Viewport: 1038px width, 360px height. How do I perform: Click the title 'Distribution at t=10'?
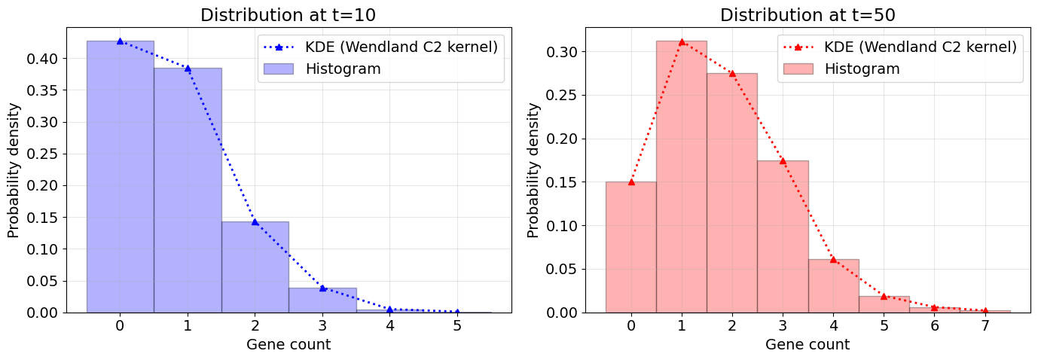288,15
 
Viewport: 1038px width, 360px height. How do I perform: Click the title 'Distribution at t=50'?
808,15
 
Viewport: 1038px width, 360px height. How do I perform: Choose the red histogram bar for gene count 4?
833,285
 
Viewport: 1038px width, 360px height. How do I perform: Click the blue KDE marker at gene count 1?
188,68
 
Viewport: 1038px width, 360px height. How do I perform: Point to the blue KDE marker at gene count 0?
120,41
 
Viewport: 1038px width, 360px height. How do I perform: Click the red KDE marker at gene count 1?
682,41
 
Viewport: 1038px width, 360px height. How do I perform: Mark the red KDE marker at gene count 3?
783,160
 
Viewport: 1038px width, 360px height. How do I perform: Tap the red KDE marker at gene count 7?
985,310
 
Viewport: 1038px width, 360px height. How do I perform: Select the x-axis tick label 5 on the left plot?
457,326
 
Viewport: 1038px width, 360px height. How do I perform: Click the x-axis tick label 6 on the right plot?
934,326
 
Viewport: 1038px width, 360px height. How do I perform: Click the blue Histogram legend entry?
343,69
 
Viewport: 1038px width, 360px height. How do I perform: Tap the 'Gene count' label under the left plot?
289,345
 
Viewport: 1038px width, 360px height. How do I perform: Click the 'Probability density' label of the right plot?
533,170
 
